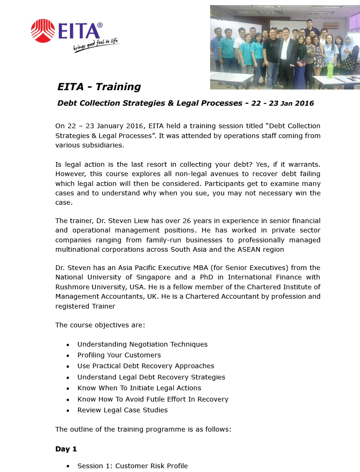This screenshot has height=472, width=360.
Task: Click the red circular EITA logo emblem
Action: pyautogui.click(x=43, y=31)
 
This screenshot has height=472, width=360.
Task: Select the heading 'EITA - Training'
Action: pyautogui.click(x=99, y=87)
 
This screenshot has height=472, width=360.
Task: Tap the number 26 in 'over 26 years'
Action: pyautogui.click(x=182, y=221)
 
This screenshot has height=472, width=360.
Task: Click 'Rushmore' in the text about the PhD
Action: pyautogui.click(x=72, y=287)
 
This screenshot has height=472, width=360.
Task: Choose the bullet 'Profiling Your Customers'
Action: pyautogui.click(x=119, y=355)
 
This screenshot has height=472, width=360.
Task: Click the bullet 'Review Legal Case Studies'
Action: pyautogui.click(x=122, y=410)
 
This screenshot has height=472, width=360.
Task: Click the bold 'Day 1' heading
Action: pyautogui.click(x=66, y=449)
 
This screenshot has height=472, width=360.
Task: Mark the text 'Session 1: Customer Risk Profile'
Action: pyautogui.click(x=132, y=466)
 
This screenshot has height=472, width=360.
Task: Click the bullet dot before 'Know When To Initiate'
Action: pyautogui.click(x=68, y=388)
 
